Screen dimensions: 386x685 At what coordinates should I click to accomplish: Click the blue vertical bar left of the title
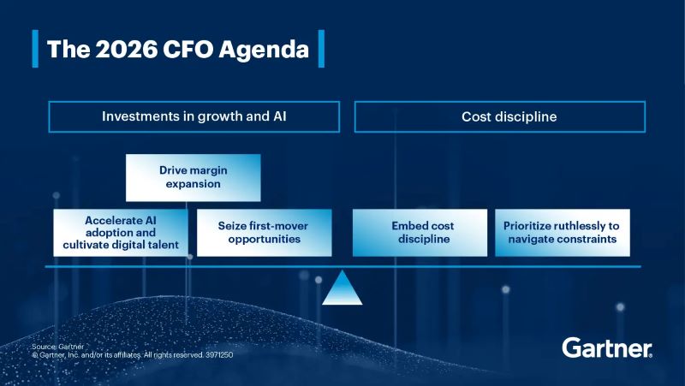point(35,49)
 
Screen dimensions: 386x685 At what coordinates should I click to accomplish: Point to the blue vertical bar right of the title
point(321,49)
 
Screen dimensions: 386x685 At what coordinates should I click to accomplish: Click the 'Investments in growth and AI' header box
point(194,116)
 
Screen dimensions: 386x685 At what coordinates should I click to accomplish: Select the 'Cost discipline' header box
point(499,116)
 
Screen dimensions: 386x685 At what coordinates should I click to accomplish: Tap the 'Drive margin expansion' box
point(194,177)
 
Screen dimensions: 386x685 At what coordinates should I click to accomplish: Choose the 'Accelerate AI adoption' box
point(121,233)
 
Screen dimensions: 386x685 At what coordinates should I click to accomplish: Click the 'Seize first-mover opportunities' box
point(264,233)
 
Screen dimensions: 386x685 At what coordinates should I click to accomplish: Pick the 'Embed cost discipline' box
point(420,233)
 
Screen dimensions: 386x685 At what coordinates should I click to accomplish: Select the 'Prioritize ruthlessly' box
point(562,233)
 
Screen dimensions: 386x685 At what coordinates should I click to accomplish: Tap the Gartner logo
point(607,347)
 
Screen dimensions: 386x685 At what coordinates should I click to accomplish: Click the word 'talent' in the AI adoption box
point(163,246)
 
